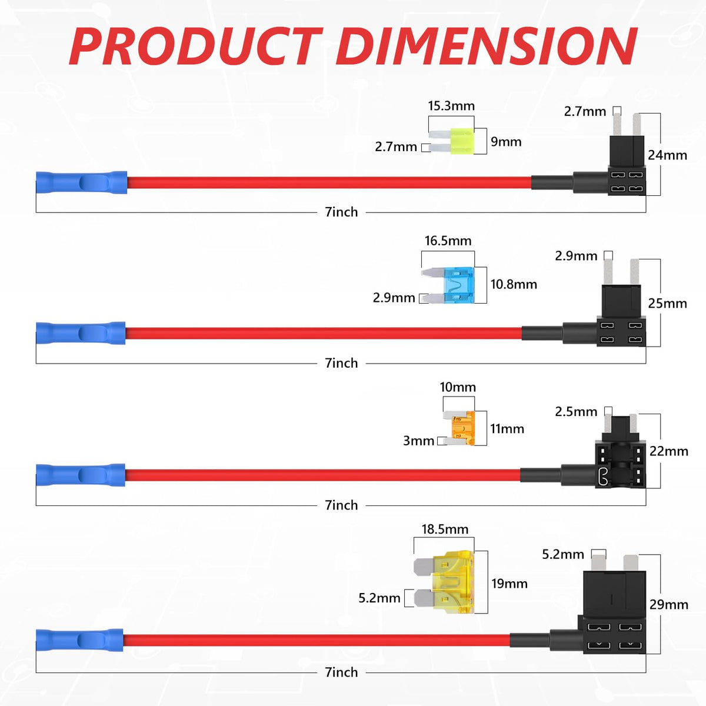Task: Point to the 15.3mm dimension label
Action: pos(451,106)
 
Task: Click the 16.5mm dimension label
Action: pos(448,241)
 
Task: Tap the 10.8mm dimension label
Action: pos(514,284)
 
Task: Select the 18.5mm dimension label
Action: pos(445,529)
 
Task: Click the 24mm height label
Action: pos(667,155)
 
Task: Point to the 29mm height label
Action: pos(669,604)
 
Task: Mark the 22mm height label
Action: pos(669,451)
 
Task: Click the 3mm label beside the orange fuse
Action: pos(418,441)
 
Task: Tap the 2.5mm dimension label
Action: pos(576,412)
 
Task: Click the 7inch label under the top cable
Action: pos(341,212)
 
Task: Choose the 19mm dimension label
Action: pos(509,584)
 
